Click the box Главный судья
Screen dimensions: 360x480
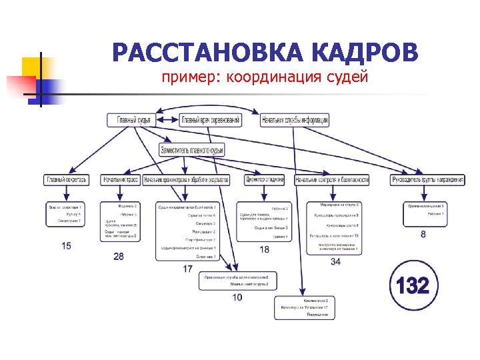pyautogui.click(x=133, y=121)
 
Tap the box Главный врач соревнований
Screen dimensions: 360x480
pyautogui.click(x=219, y=121)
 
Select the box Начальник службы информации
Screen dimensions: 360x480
pyautogui.click(x=295, y=121)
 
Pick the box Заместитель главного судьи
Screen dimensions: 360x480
pyautogui.click(x=192, y=151)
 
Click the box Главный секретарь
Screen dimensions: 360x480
pyautogui.click(x=67, y=180)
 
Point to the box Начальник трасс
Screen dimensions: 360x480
pyautogui.click(x=121, y=180)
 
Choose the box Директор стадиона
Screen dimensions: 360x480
pyautogui.click(x=265, y=180)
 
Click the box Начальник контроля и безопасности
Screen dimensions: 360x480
pyautogui.click(x=331, y=180)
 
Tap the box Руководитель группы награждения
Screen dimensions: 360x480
pyautogui.click(x=427, y=180)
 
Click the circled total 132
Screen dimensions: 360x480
pyautogui.click(x=413, y=286)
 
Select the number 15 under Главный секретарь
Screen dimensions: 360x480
pyautogui.click(x=66, y=246)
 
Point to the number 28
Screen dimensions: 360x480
pyautogui.click(x=119, y=256)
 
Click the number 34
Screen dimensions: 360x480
pyautogui.click(x=335, y=262)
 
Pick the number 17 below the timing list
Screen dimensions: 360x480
pyautogui.click(x=187, y=269)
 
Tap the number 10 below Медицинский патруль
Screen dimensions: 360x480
pyautogui.click(x=237, y=297)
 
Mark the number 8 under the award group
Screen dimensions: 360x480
pyautogui.click(x=424, y=234)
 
